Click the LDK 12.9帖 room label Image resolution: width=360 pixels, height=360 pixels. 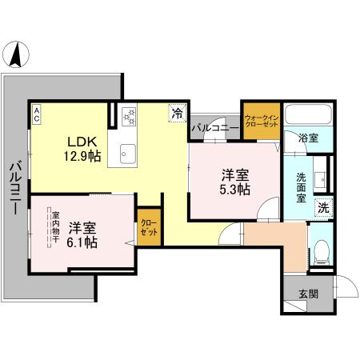pyautogui.click(x=83, y=148)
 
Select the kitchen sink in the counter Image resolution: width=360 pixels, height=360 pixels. pyautogui.click(x=128, y=153)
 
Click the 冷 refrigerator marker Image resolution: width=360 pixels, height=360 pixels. pyautogui.click(x=176, y=114)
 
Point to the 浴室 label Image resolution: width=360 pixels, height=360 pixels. pyautogui.click(x=308, y=138)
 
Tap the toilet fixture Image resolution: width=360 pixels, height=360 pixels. pyautogui.click(x=320, y=254)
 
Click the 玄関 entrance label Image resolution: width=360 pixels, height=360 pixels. pyautogui.click(x=308, y=294)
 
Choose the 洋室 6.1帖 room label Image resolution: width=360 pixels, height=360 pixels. pyautogui.click(x=83, y=234)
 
